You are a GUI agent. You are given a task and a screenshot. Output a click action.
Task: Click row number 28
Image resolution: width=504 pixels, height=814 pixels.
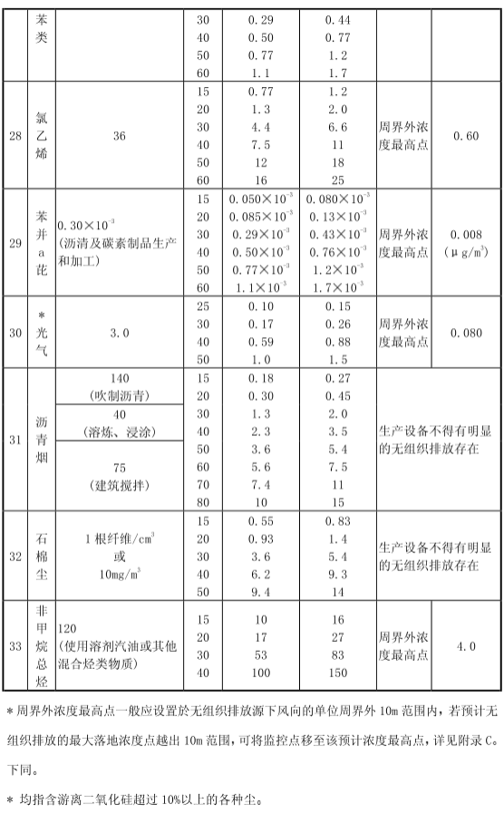pyautogui.click(x=15, y=136)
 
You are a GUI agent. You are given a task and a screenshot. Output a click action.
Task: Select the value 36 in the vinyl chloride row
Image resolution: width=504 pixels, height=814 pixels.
pyautogui.click(x=119, y=136)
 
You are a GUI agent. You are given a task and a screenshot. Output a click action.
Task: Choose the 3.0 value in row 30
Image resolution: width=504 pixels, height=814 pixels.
pyautogui.click(x=119, y=333)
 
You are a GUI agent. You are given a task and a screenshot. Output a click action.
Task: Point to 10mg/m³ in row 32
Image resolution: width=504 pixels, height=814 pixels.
pyautogui.click(x=119, y=573)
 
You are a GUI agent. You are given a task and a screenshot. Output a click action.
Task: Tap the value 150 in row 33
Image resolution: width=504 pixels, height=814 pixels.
pyautogui.click(x=337, y=673)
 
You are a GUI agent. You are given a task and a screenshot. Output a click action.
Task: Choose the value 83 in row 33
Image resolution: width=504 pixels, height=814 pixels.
pyautogui.click(x=337, y=655)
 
